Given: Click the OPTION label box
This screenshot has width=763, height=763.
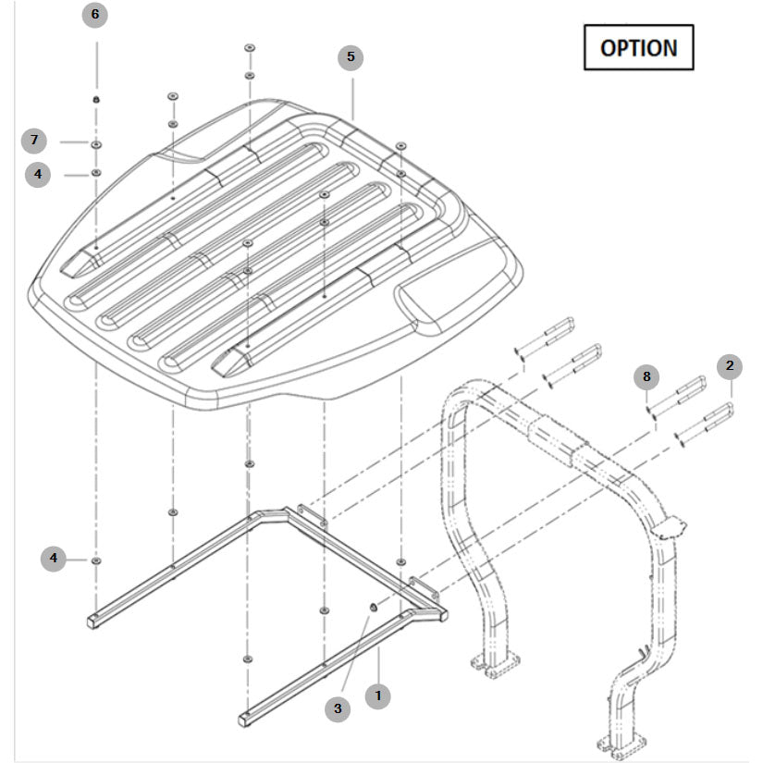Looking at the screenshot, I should coord(638,47).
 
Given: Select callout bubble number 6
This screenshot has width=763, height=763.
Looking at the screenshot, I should coord(94,16).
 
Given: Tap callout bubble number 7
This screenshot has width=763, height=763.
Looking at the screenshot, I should coord(34,141).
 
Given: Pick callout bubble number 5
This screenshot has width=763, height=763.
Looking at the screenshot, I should coord(351,57).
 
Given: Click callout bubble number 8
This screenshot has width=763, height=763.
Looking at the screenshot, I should coord(647,376).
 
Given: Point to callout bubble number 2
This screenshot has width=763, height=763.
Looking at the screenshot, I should coord(730,366).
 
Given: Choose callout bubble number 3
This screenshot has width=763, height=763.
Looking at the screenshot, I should coord(338,708).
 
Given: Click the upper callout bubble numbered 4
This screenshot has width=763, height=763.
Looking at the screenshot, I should coord(38,173).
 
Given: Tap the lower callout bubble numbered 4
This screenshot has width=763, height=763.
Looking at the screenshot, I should coord(54,558).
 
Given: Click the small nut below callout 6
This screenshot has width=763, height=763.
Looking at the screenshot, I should coord(95,100).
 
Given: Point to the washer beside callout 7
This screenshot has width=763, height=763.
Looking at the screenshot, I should coord(96,144).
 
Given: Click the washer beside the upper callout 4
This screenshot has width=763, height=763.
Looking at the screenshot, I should coord(96,173).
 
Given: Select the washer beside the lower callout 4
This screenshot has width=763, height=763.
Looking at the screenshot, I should coord(97,560).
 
